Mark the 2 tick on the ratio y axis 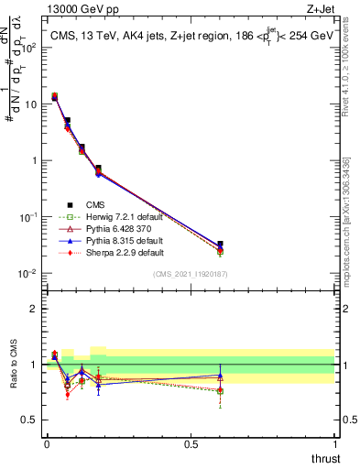37,309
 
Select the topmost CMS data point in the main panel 54,97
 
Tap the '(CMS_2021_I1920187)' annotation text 191,272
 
